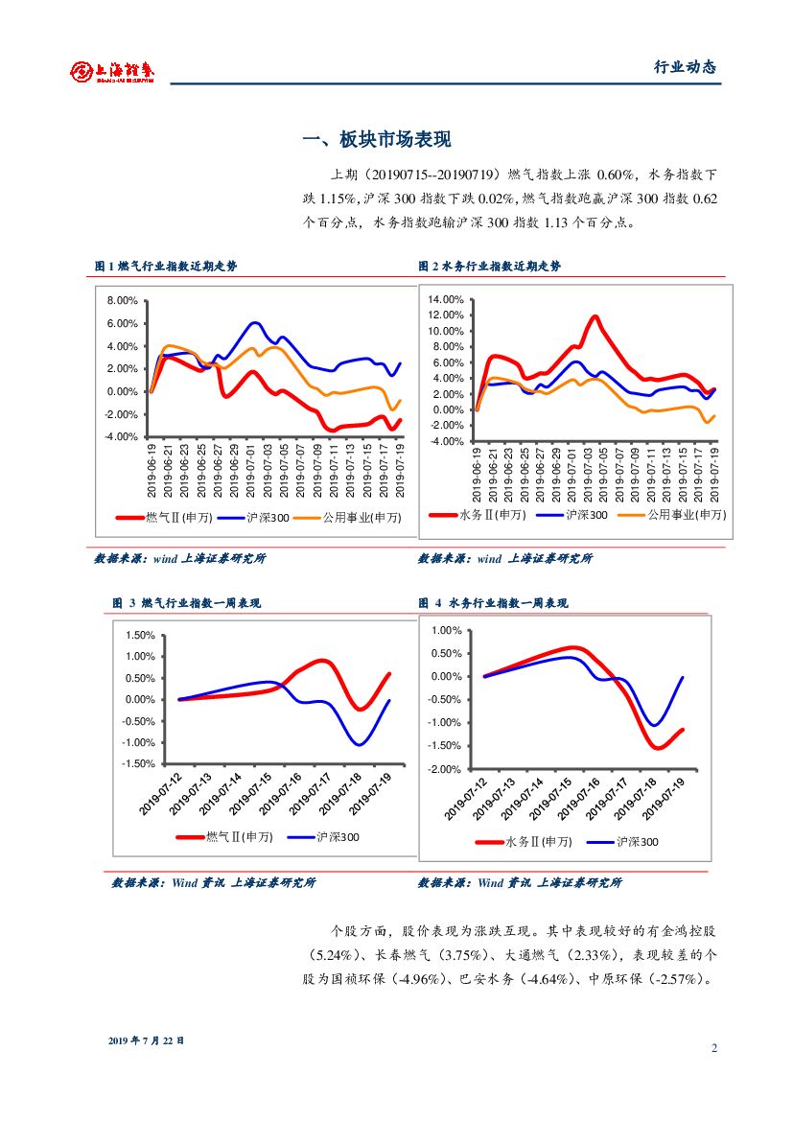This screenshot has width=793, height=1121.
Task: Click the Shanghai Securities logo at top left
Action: click(112, 71)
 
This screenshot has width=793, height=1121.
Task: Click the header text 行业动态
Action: click(685, 67)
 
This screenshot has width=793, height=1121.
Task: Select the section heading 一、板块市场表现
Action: click(376, 140)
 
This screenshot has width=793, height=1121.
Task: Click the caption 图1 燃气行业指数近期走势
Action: click(166, 266)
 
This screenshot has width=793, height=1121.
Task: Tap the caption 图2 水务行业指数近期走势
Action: click(489, 266)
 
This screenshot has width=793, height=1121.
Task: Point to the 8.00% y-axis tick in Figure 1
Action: click(123, 300)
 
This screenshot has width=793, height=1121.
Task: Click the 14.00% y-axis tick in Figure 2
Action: click(446, 299)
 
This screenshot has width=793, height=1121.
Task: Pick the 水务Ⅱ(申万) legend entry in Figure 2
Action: click(490, 514)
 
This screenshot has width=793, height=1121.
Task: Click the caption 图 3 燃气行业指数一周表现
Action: click(186, 603)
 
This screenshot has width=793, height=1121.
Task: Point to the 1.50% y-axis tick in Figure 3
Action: click(140, 635)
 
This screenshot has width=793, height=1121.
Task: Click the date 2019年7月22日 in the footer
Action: click(146, 1039)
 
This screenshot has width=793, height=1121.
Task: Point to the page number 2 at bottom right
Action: click(714, 1047)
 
